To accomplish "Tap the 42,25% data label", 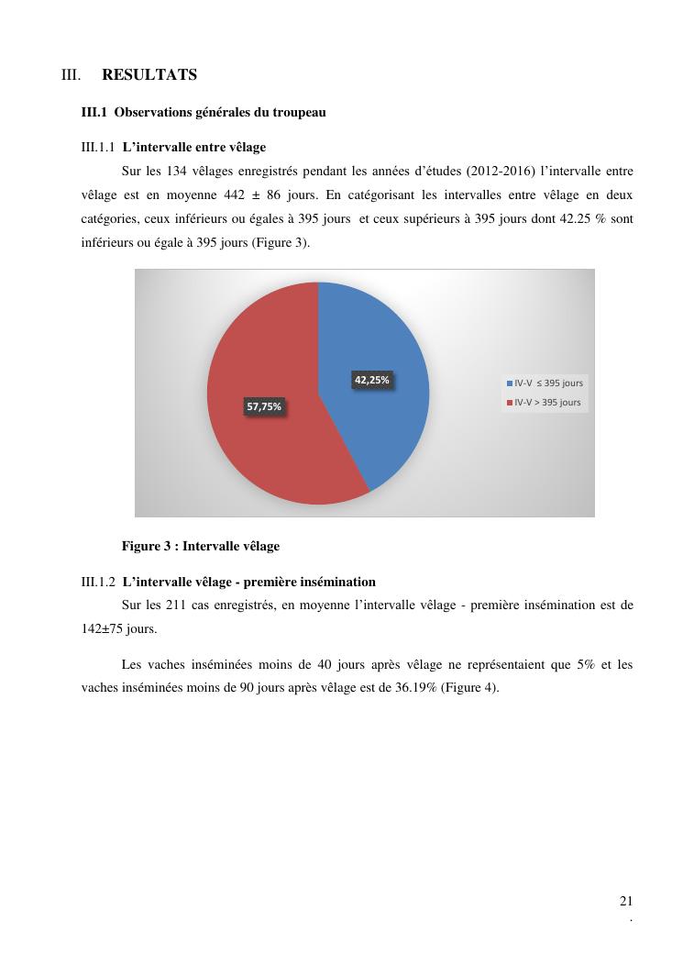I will [372, 380].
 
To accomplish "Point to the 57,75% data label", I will [264, 406].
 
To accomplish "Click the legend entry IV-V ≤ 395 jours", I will [545, 383].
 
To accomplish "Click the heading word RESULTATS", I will [149, 75].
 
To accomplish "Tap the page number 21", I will [626, 901].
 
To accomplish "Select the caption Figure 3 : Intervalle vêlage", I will [201, 546].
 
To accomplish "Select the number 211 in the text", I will [178, 605].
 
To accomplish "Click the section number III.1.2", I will [98, 582].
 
